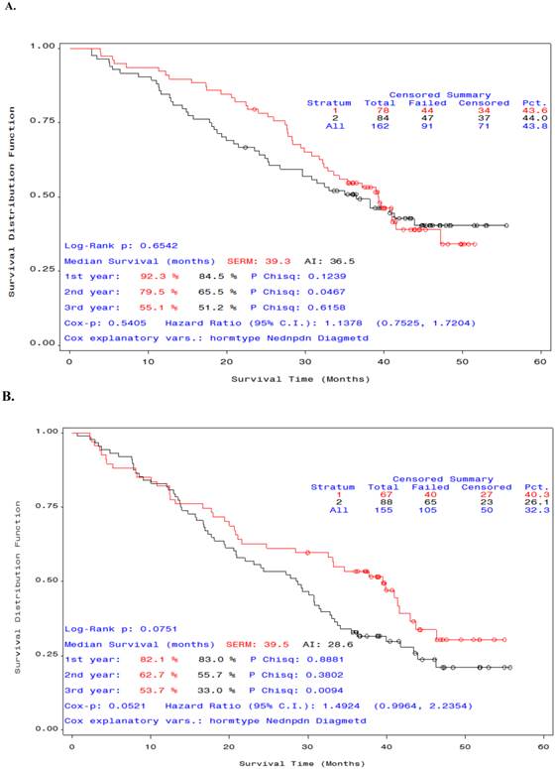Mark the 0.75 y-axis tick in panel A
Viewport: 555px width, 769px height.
43,121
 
